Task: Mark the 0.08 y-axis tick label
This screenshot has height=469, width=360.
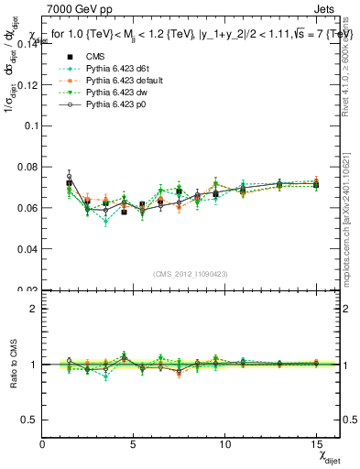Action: (x=27, y=167)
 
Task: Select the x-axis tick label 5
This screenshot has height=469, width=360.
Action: (x=135, y=444)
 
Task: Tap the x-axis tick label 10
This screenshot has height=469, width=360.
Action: (x=224, y=444)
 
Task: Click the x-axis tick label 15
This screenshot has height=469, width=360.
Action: (x=316, y=444)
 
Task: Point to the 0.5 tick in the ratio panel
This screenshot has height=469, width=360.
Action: (x=29, y=419)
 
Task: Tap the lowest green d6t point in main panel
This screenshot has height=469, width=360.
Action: (x=106, y=222)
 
